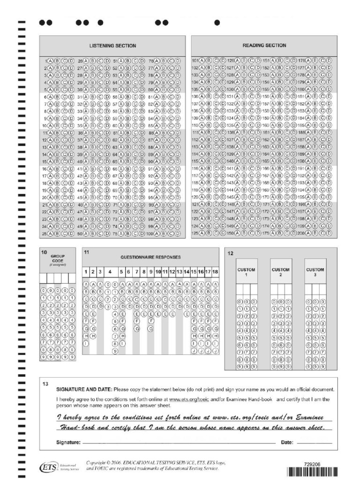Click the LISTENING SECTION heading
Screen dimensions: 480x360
[112, 46]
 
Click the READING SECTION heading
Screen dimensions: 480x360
[264, 45]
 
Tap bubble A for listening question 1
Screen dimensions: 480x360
[51, 61]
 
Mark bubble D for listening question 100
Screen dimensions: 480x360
[177, 233]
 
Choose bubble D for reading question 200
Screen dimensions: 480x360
[329, 233]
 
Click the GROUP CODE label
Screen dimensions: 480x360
[58, 258]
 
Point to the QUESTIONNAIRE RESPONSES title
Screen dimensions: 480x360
[150, 257]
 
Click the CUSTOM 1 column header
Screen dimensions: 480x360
[247, 272]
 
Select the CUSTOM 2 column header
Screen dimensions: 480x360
[281, 272]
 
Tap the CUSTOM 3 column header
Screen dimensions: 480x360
[315, 272]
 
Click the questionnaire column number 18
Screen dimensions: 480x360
[215, 271]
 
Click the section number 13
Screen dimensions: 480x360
[45, 384]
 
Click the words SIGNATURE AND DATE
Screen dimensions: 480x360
[84, 390]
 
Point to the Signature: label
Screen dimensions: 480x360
[68, 442]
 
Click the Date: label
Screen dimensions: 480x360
[287, 442]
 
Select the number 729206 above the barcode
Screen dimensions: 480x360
[312, 464]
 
